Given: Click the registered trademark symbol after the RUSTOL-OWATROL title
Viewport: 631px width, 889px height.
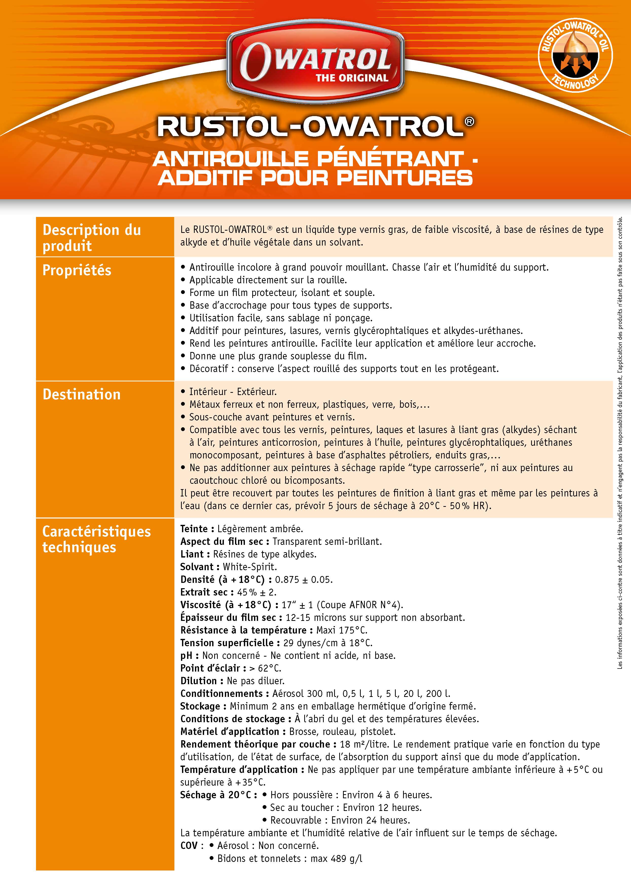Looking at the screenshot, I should point(469,122).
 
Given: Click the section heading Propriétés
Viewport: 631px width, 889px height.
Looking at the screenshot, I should point(77,270).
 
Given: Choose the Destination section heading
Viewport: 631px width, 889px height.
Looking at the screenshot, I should point(82,395).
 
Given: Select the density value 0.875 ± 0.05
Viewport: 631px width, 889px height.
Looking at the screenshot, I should point(303,580).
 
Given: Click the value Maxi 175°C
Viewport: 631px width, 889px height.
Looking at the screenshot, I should point(341,630).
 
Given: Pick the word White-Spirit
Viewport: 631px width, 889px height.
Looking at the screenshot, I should point(250,567).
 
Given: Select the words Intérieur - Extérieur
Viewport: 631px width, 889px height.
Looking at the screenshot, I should point(233,392).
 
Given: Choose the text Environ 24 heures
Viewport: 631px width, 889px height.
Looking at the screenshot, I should point(371,820).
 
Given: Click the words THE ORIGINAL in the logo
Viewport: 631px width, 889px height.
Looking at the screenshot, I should point(352,78).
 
